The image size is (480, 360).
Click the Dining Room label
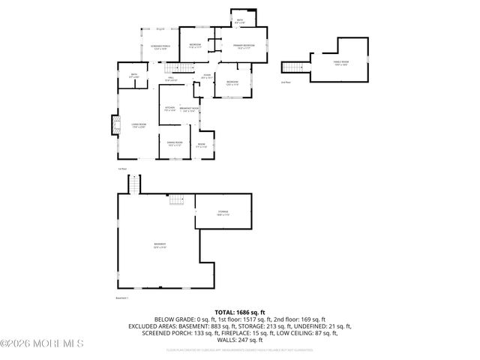click(174, 143)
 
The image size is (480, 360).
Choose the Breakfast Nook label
click(189, 109)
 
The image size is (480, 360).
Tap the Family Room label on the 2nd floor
click(341, 63)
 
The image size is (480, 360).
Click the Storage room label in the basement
click(223, 212)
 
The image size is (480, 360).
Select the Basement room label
click(160, 244)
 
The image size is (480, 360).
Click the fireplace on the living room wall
click(114, 125)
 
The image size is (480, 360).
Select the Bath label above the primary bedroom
click(240, 22)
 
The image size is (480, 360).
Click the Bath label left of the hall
click(133, 75)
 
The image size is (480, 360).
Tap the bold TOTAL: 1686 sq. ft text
click(240, 311)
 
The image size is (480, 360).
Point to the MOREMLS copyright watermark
click(42, 343)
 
